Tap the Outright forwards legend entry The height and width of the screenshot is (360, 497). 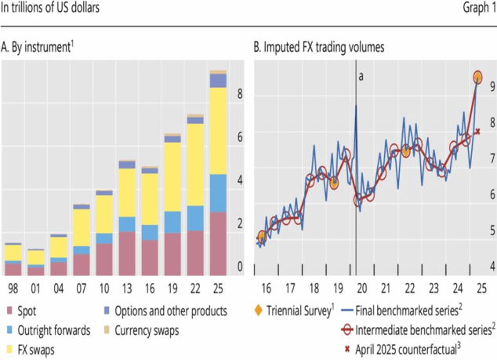tap(53, 330)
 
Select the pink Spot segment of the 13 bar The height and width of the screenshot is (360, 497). tap(127, 253)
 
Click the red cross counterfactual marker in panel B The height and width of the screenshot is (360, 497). tap(477, 131)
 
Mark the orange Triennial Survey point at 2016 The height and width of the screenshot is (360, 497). tap(262, 237)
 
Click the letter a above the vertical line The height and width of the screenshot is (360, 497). tap(361, 76)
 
